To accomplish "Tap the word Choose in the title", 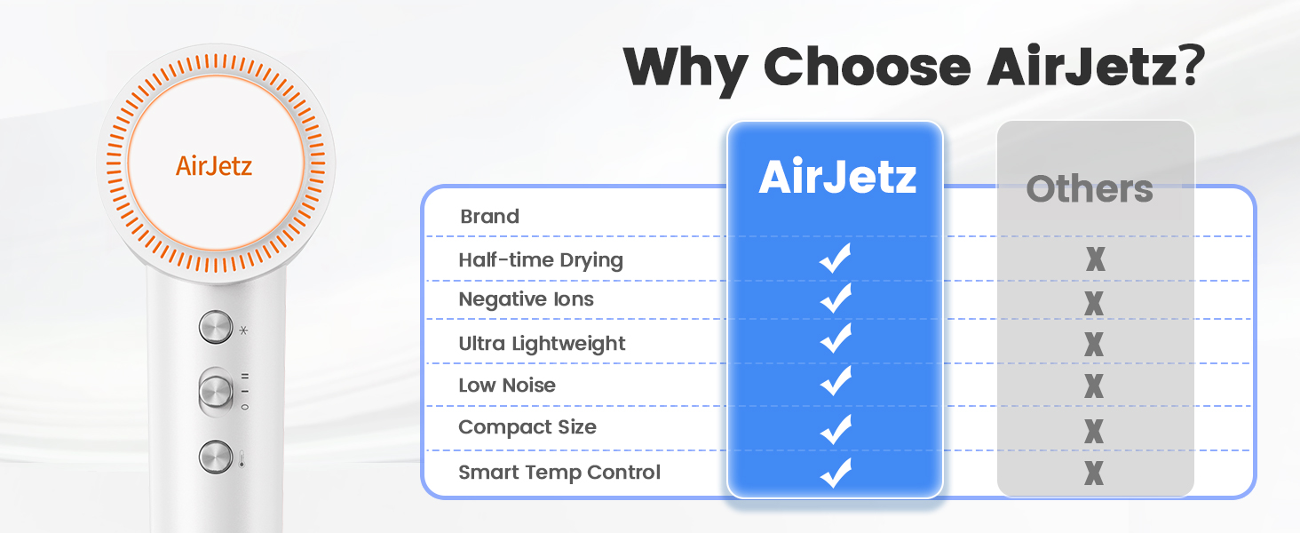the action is tap(867, 67).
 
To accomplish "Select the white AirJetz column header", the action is tap(837, 177).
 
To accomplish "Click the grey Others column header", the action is tap(1090, 188).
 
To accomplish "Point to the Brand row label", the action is tap(489, 217).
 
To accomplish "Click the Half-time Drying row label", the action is tap(540, 260).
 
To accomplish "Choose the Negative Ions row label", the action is tap(526, 299).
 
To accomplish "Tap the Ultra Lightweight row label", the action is tap(542, 344).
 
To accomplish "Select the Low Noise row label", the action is tap(507, 386).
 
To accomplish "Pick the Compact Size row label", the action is tap(527, 427).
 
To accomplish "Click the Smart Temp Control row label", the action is tap(559, 473).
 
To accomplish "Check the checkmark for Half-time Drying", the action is tap(835, 258).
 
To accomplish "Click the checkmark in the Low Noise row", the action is tap(836, 381).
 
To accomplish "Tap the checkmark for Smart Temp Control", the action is tap(836, 473).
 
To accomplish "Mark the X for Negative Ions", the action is tap(1094, 303).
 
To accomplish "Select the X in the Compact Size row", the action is tap(1094, 431).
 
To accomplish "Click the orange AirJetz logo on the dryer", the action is tap(214, 166).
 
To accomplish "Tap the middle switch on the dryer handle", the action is tap(216, 392).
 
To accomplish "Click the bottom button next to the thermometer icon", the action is tap(215, 457).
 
